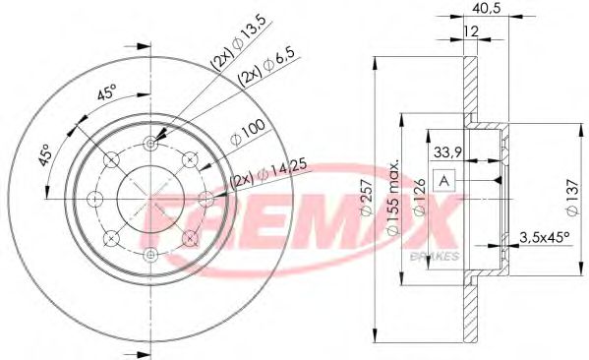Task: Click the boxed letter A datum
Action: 443,180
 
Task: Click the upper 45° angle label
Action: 105,95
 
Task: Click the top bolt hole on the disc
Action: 150,144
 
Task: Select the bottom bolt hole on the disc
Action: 150,255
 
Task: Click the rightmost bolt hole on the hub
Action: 206,199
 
